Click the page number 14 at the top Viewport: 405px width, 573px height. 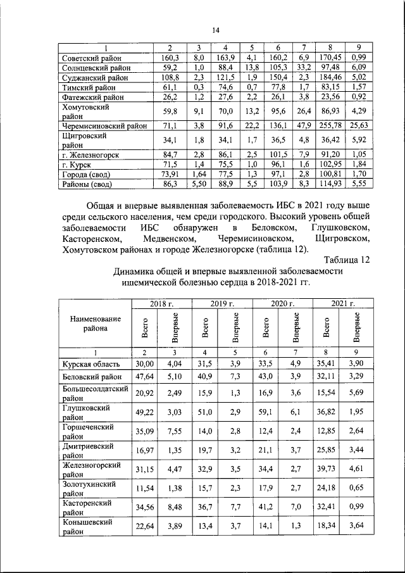215,30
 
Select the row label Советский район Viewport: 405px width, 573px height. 94,58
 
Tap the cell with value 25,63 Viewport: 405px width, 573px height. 359,125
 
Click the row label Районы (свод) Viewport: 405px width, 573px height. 90,184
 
